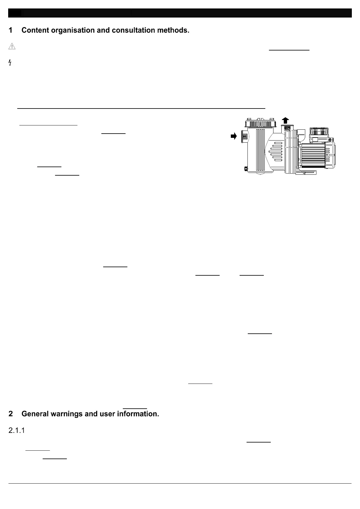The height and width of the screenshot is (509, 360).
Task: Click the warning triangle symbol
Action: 12,46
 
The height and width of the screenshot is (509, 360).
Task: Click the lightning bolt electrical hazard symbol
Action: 10,63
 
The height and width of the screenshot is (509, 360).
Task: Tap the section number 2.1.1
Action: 16,430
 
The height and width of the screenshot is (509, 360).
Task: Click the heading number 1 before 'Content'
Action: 11,30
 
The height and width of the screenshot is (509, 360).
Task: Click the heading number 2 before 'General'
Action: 11,414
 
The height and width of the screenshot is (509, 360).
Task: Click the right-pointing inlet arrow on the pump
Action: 234,136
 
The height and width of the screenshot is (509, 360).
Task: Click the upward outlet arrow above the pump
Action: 285,120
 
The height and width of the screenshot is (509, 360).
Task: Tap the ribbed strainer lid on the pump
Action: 260,124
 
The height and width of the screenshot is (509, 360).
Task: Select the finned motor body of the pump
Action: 313,156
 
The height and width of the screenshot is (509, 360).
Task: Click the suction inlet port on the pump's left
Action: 244,137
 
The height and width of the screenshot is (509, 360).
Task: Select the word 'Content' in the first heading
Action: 34,30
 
